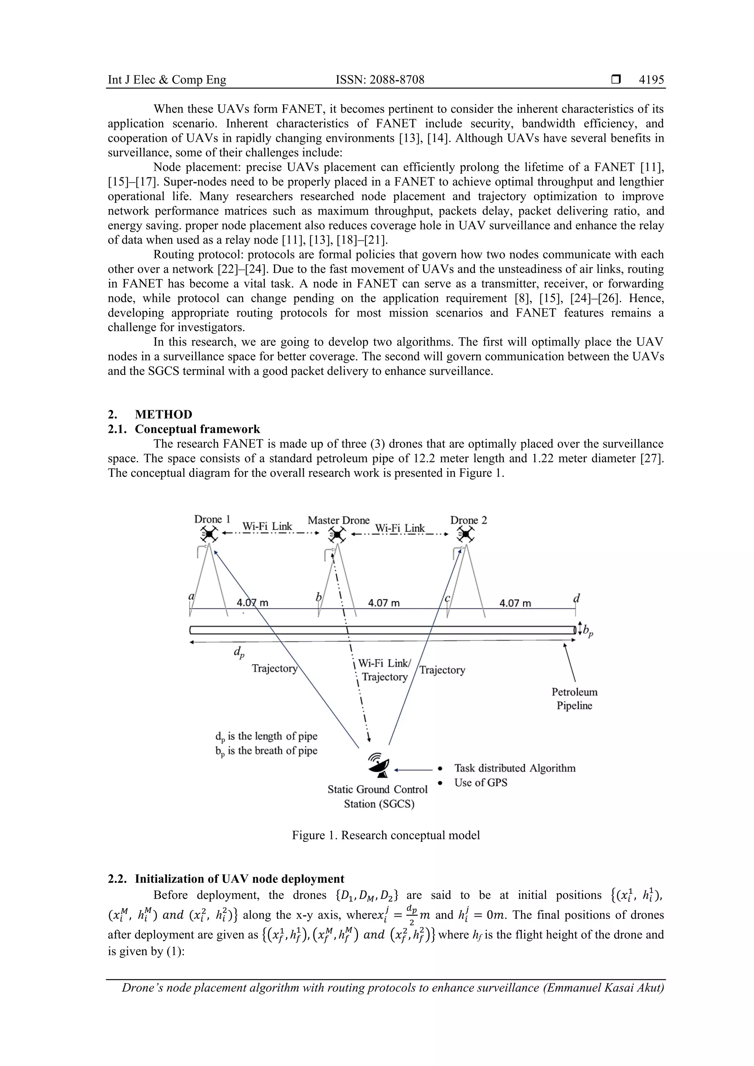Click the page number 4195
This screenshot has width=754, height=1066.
(651, 80)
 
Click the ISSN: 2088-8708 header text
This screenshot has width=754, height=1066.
(380, 80)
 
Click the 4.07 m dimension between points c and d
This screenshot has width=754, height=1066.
(515, 603)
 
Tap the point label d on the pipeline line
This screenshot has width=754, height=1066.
(577, 598)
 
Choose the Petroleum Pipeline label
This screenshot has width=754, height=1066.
(574, 699)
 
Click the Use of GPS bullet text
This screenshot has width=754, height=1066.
(481, 783)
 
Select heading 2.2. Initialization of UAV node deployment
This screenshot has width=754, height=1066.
(226, 879)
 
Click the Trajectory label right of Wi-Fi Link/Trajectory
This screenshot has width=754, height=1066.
(442, 670)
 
